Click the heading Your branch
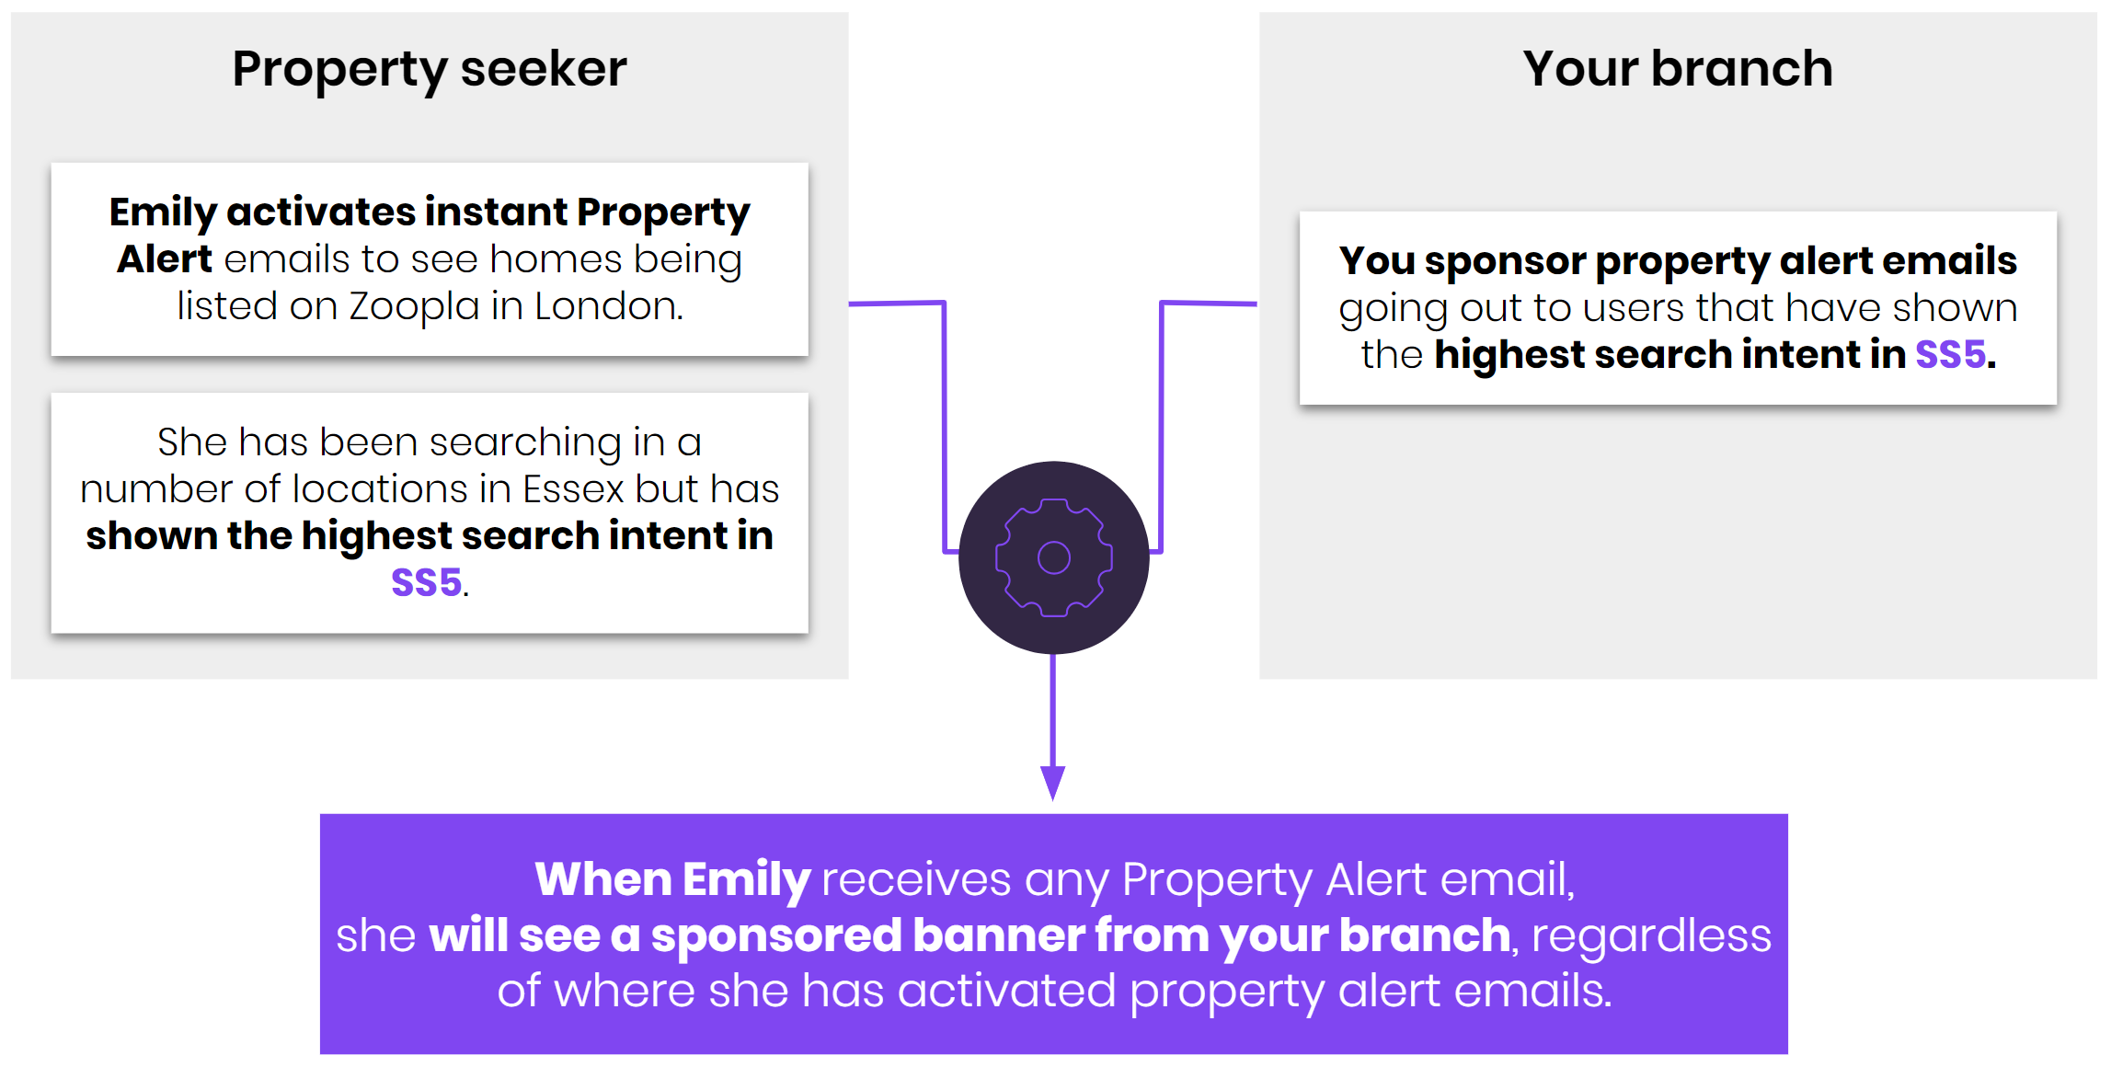coord(1678,69)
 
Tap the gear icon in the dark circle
coord(1054,557)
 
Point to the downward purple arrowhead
coord(1053,783)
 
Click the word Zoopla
coord(414,307)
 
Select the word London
coord(609,306)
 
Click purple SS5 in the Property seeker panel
coord(427,582)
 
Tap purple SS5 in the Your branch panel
coord(1950,354)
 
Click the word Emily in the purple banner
coord(746,880)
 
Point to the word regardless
coord(1651,936)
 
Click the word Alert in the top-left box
coord(165,259)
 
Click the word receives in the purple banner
coord(916,880)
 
